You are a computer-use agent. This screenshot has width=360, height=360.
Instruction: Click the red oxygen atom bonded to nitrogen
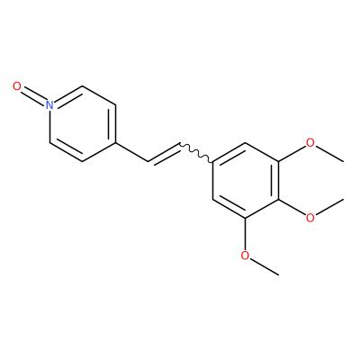17,86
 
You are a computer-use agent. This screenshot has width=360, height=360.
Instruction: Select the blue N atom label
49,104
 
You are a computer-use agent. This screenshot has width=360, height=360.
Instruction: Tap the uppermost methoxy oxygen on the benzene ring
310,142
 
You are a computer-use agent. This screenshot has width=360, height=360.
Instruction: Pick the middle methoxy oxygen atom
310,218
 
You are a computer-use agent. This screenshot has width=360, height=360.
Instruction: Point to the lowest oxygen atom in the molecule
246,256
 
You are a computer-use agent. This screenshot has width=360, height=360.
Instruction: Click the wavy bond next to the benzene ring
196,153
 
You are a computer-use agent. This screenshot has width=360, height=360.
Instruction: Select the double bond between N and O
33,94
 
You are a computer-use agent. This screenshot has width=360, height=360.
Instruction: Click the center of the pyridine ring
83,123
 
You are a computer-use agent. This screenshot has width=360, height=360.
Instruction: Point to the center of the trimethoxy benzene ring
246,180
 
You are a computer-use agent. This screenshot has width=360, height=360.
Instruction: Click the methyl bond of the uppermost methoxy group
329,154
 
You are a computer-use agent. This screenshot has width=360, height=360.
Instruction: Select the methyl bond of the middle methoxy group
329,206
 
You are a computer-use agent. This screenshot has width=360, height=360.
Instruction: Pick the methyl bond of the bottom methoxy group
265,266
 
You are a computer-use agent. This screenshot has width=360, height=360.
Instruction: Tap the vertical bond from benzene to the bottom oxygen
246,234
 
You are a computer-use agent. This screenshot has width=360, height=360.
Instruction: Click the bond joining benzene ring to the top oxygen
292,153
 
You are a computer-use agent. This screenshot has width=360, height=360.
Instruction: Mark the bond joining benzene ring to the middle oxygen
292,207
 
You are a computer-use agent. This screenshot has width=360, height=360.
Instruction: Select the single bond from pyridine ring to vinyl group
131,152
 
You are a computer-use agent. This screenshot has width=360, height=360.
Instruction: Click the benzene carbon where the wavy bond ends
213,161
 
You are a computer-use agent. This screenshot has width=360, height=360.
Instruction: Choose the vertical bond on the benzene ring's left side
213,180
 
